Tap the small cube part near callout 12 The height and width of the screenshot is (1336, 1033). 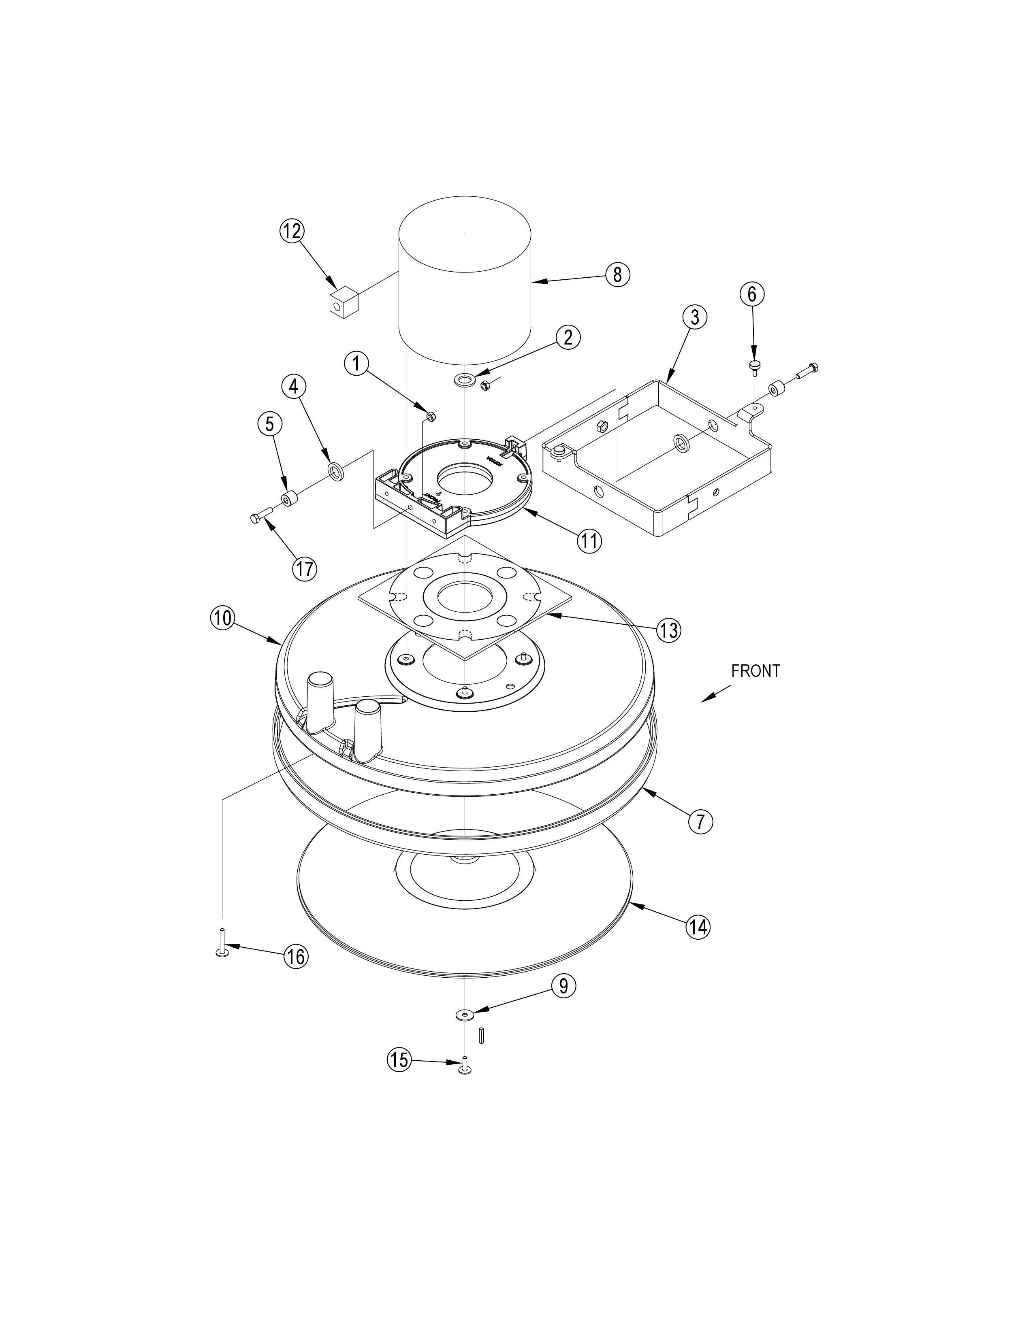[x=343, y=304]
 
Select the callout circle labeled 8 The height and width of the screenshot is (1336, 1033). [x=617, y=274]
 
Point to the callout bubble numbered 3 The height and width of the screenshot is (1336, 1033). [x=695, y=317]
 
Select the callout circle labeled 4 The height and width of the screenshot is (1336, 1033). [x=294, y=387]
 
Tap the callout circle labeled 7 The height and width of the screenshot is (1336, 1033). [x=701, y=821]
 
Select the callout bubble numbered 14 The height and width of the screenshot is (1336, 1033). [x=698, y=928]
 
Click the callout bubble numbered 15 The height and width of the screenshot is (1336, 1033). [x=399, y=1059]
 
